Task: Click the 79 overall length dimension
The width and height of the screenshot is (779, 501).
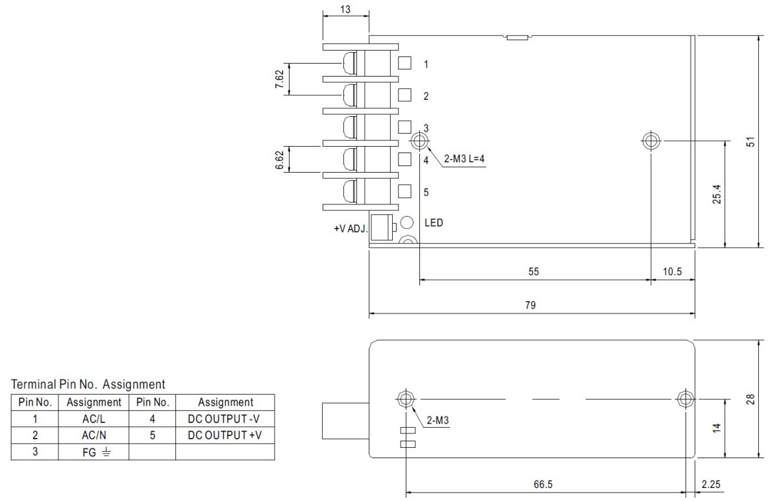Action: [x=530, y=305]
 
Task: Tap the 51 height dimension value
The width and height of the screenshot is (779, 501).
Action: [x=750, y=142]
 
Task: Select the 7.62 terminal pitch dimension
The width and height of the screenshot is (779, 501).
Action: [x=280, y=79]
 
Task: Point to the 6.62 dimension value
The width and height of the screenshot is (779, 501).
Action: [x=280, y=160]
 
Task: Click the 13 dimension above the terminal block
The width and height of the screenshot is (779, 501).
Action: [x=345, y=9]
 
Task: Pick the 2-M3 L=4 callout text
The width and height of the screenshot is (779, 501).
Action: [x=464, y=159]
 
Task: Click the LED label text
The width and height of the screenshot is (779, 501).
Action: [x=434, y=223]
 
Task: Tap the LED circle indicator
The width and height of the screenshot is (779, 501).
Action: [x=407, y=222]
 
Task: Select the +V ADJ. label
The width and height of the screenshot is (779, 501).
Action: [x=351, y=228]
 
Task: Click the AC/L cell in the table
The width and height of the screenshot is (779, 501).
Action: [x=93, y=419]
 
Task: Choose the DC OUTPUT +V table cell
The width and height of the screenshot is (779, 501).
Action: [x=225, y=435]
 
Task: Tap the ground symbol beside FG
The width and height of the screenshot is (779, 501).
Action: [x=106, y=452]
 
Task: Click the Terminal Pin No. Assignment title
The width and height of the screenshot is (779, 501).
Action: [x=88, y=384]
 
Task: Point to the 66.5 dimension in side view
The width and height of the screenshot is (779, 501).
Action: [x=543, y=484]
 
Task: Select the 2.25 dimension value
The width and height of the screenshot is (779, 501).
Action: [x=711, y=484]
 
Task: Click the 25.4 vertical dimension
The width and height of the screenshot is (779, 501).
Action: [x=717, y=194]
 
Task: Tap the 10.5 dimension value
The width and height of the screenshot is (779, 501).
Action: [x=673, y=271]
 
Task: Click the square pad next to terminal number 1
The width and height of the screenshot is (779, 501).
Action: [x=404, y=63]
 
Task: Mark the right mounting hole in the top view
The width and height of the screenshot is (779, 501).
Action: [x=650, y=141]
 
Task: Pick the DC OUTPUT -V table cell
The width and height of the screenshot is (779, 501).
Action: [x=223, y=419]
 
